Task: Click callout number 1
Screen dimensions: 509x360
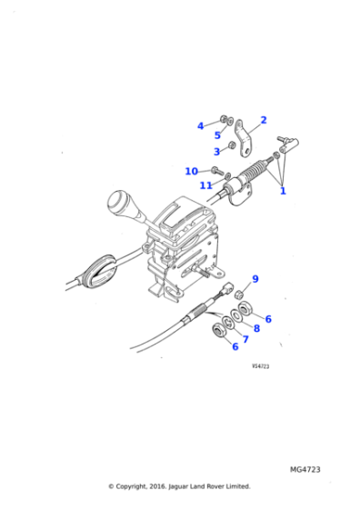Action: pos(283,192)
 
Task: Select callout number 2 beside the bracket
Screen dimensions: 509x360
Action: pos(263,120)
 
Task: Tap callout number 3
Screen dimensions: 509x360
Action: pos(217,152)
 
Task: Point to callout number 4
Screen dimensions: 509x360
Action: pos(201,126)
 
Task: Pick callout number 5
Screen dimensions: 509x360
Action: pos(217,135)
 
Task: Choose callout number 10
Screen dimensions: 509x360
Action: pos(191,171)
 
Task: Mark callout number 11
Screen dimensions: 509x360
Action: pos(206,185)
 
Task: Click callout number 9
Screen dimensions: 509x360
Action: pos(255,279)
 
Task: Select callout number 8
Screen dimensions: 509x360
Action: pos(256,328)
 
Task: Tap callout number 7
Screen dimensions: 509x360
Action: pos(245,339)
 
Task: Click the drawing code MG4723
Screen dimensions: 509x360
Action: pos(305,470)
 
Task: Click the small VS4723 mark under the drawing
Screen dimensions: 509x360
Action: pos(262,366)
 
